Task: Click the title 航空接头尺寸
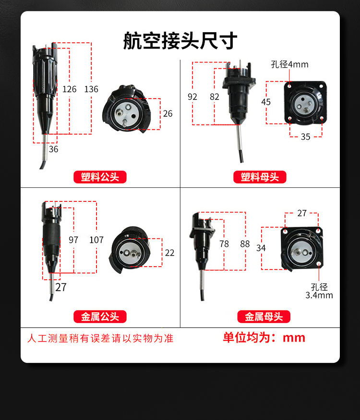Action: pyautogui.click(x=180, y=41)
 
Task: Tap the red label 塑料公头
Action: pyautogui.click(x=100, y=177)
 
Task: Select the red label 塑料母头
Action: pyautogui.click(x=260, y=177)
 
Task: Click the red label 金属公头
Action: pyautogui.click(x=100, y=317)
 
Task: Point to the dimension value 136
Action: pyautogui.click(x=91, y=89)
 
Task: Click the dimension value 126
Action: pyautogui.click(x=70, y=89)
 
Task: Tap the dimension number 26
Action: pyautogui.click(x=168, y=114)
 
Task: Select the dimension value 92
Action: pyautogui.click(x=192, y=97)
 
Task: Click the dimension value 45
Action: pyautogui.click(x=266, y=102)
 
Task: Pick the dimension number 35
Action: pyautogui.click(x=305, y=137)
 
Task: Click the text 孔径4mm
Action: pyautogui.click(x=289, y=64)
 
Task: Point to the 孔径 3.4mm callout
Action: pyautogui.click(x=319, y=291)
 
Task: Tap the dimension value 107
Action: pyautogui.click(x=96, y=240)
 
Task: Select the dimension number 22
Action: pyautogui.click(x=169, y=253)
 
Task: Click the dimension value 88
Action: pyautogui.click(x=245, y=244)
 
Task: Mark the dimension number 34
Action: pyautogui.click(x=261, y=248)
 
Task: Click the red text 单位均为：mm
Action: pyautogui.click(x=264, y=337)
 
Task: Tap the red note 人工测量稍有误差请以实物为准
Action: pyautogui.click(x=100, y=338)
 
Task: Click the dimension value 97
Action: pyautogui.click(x=73, y=240)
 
